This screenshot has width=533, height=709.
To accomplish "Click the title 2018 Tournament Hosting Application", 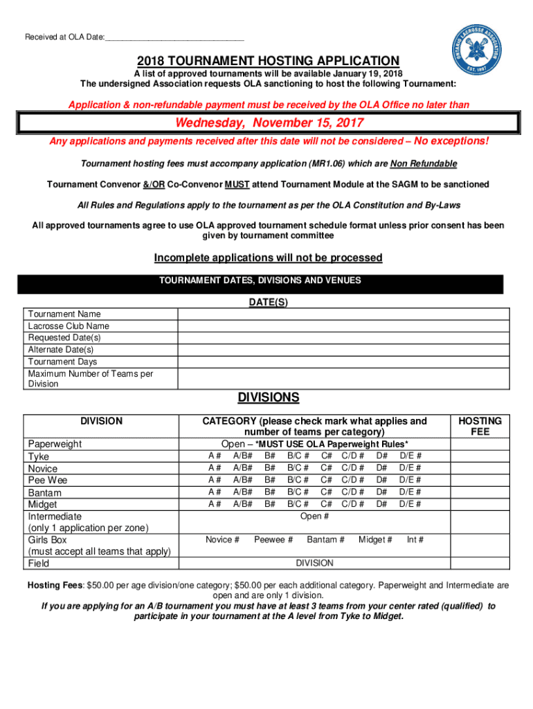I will (x=268, y=61).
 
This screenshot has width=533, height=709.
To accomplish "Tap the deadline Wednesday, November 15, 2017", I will (x=269, y=123).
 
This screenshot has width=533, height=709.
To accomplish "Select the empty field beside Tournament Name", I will (x=340, y=314).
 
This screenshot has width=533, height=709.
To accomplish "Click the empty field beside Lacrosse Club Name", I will (x=340, y=326).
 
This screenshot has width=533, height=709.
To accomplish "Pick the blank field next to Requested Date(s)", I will (x=340, y=338).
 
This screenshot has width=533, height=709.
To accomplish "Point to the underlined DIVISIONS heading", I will (x=269, y=397).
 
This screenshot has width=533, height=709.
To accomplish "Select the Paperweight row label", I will (x=55, y=444).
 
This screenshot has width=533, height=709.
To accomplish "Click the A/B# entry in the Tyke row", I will (x=242, y=456).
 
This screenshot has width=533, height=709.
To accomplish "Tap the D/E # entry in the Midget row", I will (x=410, y=504).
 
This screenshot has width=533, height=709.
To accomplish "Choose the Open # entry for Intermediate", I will (x=314, y=517).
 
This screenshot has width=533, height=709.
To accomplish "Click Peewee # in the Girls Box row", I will (x=273, y=540).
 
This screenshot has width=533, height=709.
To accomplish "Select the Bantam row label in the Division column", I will (x=45, y=492).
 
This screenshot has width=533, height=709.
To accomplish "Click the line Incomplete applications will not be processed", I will (x=268, y=258).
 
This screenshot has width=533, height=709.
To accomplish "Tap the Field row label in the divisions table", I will (x=39, y=564).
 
